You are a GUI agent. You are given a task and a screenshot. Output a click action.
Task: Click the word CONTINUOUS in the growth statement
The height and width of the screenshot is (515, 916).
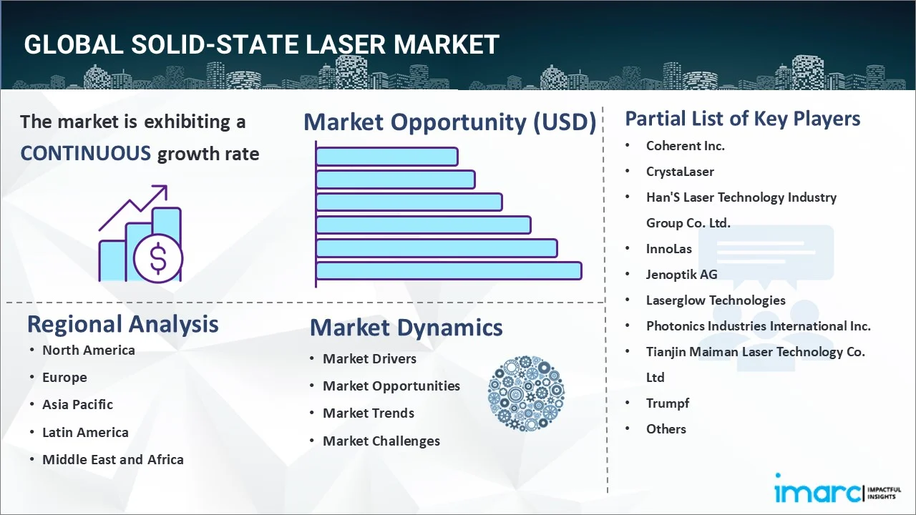coord(85,153)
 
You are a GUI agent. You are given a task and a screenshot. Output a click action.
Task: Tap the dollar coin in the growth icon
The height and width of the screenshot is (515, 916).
coord(158,259)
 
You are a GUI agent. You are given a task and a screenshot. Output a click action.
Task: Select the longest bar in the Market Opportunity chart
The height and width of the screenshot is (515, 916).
coord(448,270)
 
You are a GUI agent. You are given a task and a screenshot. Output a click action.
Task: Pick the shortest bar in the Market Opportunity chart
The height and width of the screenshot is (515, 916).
coord(386,156)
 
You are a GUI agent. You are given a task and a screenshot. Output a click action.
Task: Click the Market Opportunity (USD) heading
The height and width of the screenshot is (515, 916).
coord(449,122)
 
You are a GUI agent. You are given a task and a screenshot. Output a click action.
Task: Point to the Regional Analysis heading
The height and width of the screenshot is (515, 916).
coord(122,324)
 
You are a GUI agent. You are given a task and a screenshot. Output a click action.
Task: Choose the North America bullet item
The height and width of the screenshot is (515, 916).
coord(88,350)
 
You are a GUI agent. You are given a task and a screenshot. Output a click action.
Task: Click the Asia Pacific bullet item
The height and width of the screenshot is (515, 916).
coord(77,404)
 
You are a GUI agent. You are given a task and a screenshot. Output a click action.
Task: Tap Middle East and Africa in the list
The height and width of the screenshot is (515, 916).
coord(112,459)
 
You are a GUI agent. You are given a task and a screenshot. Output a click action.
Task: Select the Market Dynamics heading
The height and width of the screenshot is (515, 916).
coord(406,328)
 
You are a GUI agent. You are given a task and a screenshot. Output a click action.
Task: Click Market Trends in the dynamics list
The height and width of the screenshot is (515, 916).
coord(368,413)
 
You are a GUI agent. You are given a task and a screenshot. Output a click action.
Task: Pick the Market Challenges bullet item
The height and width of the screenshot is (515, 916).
coord(381,441)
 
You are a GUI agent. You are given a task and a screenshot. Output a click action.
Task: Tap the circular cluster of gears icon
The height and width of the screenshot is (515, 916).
coord(526,394)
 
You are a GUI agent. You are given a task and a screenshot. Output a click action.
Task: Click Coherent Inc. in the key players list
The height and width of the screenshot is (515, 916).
coord(685,145)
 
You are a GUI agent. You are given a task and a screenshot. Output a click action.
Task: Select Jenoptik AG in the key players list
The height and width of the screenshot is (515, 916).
coord(681,274)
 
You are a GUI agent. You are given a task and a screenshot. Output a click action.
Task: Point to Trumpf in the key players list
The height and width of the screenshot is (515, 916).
coord(667,403)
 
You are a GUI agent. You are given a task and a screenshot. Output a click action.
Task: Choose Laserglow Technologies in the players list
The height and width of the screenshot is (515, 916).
coord(716,300)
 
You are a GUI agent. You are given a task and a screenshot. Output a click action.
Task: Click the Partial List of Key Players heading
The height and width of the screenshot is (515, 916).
coord(742,118)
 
